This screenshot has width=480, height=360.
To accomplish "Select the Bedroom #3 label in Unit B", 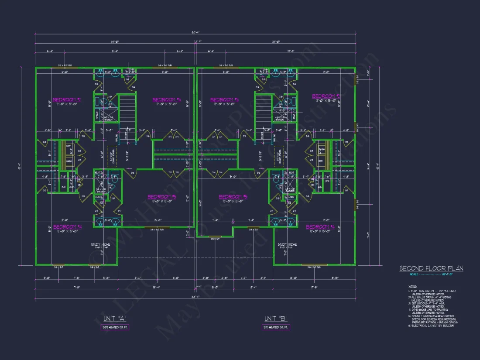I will tap(224, 99).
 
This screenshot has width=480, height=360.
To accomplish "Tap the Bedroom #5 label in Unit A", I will tap(161, 196).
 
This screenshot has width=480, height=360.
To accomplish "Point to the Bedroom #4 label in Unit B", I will tap(320, 227).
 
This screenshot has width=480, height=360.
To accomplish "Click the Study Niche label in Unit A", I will tap(100, 244).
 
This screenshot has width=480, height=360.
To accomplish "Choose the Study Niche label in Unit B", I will tap(287, 244).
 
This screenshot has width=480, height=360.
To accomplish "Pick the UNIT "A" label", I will tap(112, 319).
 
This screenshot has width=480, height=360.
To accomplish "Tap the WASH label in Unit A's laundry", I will tap(69, 161).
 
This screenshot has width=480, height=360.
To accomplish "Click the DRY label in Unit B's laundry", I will tap(322, 161).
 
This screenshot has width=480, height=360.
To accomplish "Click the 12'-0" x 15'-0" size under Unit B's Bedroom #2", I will tap(323, 100).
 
